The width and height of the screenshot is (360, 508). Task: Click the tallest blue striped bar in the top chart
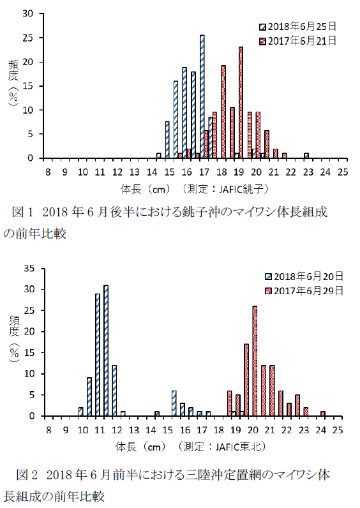(x=202, y=96)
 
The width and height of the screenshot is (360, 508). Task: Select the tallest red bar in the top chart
(x=241, y=102)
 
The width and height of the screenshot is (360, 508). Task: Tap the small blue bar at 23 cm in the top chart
(x=306, y=156)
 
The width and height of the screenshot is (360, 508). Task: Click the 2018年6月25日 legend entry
(x=298, y=26)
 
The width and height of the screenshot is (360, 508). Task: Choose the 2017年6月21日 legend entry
(x=298, y=41)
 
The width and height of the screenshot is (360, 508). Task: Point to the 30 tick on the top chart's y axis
(x=28, y=13)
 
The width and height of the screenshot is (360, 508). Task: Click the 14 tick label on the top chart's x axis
(x=152, y=172)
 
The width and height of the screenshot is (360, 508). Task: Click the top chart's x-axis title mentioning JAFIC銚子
(x=195, y=189)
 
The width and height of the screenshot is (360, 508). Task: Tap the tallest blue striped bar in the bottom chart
(x=106, y=350)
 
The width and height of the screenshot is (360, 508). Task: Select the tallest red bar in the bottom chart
(x=255, y=361)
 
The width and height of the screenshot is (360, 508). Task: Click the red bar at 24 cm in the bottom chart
(x=323, y=414)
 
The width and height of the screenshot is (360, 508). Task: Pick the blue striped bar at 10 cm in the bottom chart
(x=80, y=412)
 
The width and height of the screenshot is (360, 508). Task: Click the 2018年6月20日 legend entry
(x=304, y=276)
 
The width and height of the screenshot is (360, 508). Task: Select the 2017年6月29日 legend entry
(x=304, y=290)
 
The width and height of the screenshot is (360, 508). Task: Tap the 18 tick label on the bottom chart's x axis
(x=219, y=430)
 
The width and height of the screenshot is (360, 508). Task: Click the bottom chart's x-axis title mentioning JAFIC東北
(x=191, y=447)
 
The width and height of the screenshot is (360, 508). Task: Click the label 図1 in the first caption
(x=22, y=212)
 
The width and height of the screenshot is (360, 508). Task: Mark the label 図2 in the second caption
(x=27, y=475)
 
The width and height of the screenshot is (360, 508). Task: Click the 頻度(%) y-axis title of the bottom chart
(x=14, y=338)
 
